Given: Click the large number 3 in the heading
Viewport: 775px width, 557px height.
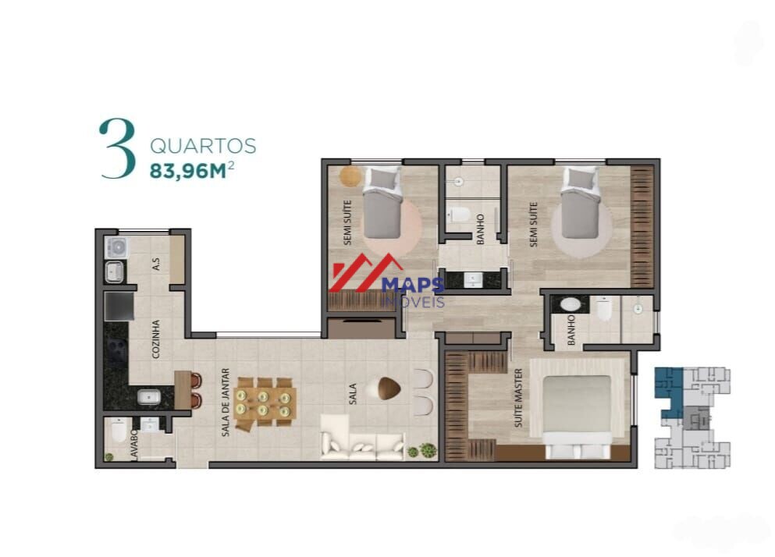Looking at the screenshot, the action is coord(118,148).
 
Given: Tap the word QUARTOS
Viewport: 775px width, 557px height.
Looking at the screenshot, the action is coord(203,147).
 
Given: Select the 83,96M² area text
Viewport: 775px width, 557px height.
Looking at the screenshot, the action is coord(192,171).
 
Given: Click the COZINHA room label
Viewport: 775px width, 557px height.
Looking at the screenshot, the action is coord(155,339).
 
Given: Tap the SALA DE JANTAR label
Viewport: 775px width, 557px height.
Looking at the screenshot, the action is coord(226,403).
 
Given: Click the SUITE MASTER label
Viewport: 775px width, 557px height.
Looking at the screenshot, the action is coord(518,398).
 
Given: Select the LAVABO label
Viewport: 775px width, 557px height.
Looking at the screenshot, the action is coord(134,445).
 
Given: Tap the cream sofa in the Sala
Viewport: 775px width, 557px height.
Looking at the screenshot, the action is coord(362,439).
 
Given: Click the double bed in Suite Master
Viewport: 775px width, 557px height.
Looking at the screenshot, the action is coord(578,415).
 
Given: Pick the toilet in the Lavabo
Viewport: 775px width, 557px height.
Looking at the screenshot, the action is coord(119,431).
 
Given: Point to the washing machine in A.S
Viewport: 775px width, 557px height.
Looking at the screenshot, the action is coord(116,247).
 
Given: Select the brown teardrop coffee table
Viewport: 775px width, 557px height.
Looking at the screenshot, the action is coord(389,388).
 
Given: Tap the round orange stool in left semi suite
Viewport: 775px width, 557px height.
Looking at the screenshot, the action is coord(350,176).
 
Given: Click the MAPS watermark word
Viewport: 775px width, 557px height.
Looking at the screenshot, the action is coord(413,286).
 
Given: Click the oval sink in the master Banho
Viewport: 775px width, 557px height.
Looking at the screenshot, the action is coord(570,303).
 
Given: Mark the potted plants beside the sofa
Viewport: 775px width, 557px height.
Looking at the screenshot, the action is coord(422,451).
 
